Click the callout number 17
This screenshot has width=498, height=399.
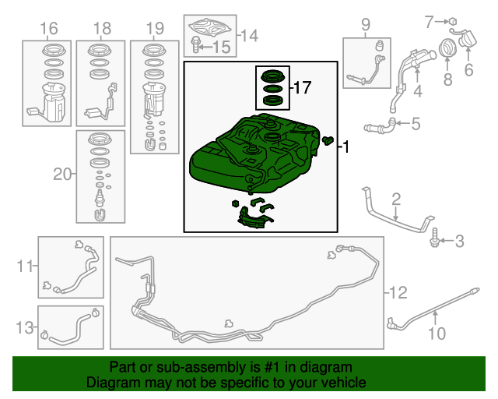click(x=303, y=87)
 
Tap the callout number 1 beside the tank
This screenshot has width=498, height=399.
click(x=346, y=147)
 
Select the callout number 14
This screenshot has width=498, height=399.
click(x=250, y=35)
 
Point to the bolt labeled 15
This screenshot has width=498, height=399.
click(x=195, y=44)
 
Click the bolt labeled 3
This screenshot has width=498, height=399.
click(x=434, y=238)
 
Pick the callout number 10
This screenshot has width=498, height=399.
click(x=437, y=333)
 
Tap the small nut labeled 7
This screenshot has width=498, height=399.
click(x=453, y=21)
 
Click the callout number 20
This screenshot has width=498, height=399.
click(x=62, y=174)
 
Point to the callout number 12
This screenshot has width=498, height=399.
click(x=398, y=292)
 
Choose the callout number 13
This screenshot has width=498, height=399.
click(x=25, y=327)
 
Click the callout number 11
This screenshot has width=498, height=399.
click(x=24, y=266)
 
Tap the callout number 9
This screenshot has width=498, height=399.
click(x=366, y=24)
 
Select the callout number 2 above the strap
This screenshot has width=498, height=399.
click(x=396, y=199)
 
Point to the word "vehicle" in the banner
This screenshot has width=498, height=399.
click(x=344, y=383)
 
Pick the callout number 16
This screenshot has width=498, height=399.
click(x=49, y=28)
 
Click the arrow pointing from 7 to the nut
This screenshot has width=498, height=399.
click(x=441, y=22)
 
